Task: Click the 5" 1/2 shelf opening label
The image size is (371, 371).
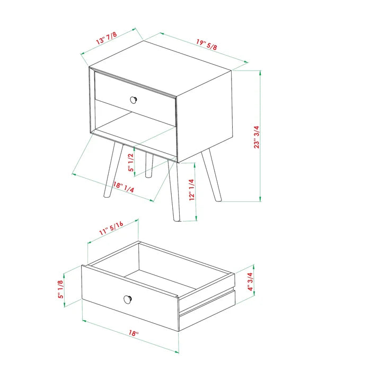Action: point(131,161)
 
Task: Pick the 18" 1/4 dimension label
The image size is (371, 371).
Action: point(123,187)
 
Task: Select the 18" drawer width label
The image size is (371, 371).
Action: point(134,333)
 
